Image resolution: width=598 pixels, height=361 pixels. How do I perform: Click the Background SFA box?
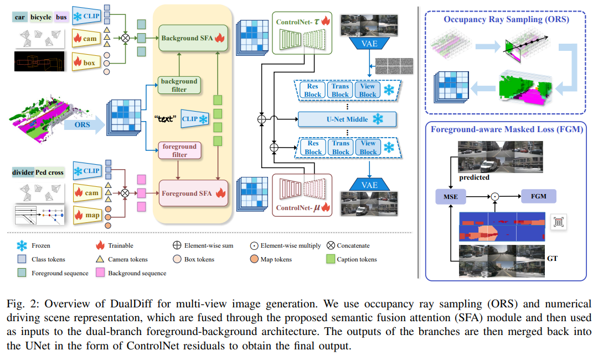(193, 38)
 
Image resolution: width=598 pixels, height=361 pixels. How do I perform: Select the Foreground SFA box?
(193, 193)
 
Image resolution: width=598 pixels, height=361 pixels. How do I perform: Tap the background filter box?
(179, 85)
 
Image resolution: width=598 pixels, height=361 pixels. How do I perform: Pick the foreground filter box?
(179, 150)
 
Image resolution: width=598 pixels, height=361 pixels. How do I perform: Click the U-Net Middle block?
(347, 119)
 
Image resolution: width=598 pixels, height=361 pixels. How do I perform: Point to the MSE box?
(450, 197)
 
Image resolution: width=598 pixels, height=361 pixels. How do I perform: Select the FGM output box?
(539, 196)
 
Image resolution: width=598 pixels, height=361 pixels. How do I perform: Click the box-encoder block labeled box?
(86, 62)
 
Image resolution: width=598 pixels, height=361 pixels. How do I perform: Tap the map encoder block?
(87, 215)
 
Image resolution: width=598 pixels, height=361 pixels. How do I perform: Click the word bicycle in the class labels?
(41, 17)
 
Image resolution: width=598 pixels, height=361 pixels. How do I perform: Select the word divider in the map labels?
(23, 172)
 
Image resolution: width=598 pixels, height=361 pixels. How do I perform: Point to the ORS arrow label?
(83, 125)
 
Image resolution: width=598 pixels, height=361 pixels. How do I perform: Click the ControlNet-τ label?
(297, 22)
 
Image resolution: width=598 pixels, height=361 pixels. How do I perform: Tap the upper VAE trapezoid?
(369, 44)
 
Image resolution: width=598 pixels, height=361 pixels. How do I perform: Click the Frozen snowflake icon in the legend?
(22, 245)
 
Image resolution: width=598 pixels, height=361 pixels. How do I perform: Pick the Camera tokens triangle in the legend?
(100, 259)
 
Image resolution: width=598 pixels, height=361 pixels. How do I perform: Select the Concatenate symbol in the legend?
(331, 245)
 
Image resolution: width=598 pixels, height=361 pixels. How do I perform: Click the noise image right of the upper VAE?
(394, 66)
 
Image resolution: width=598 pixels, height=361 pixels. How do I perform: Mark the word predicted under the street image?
(474, 177)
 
